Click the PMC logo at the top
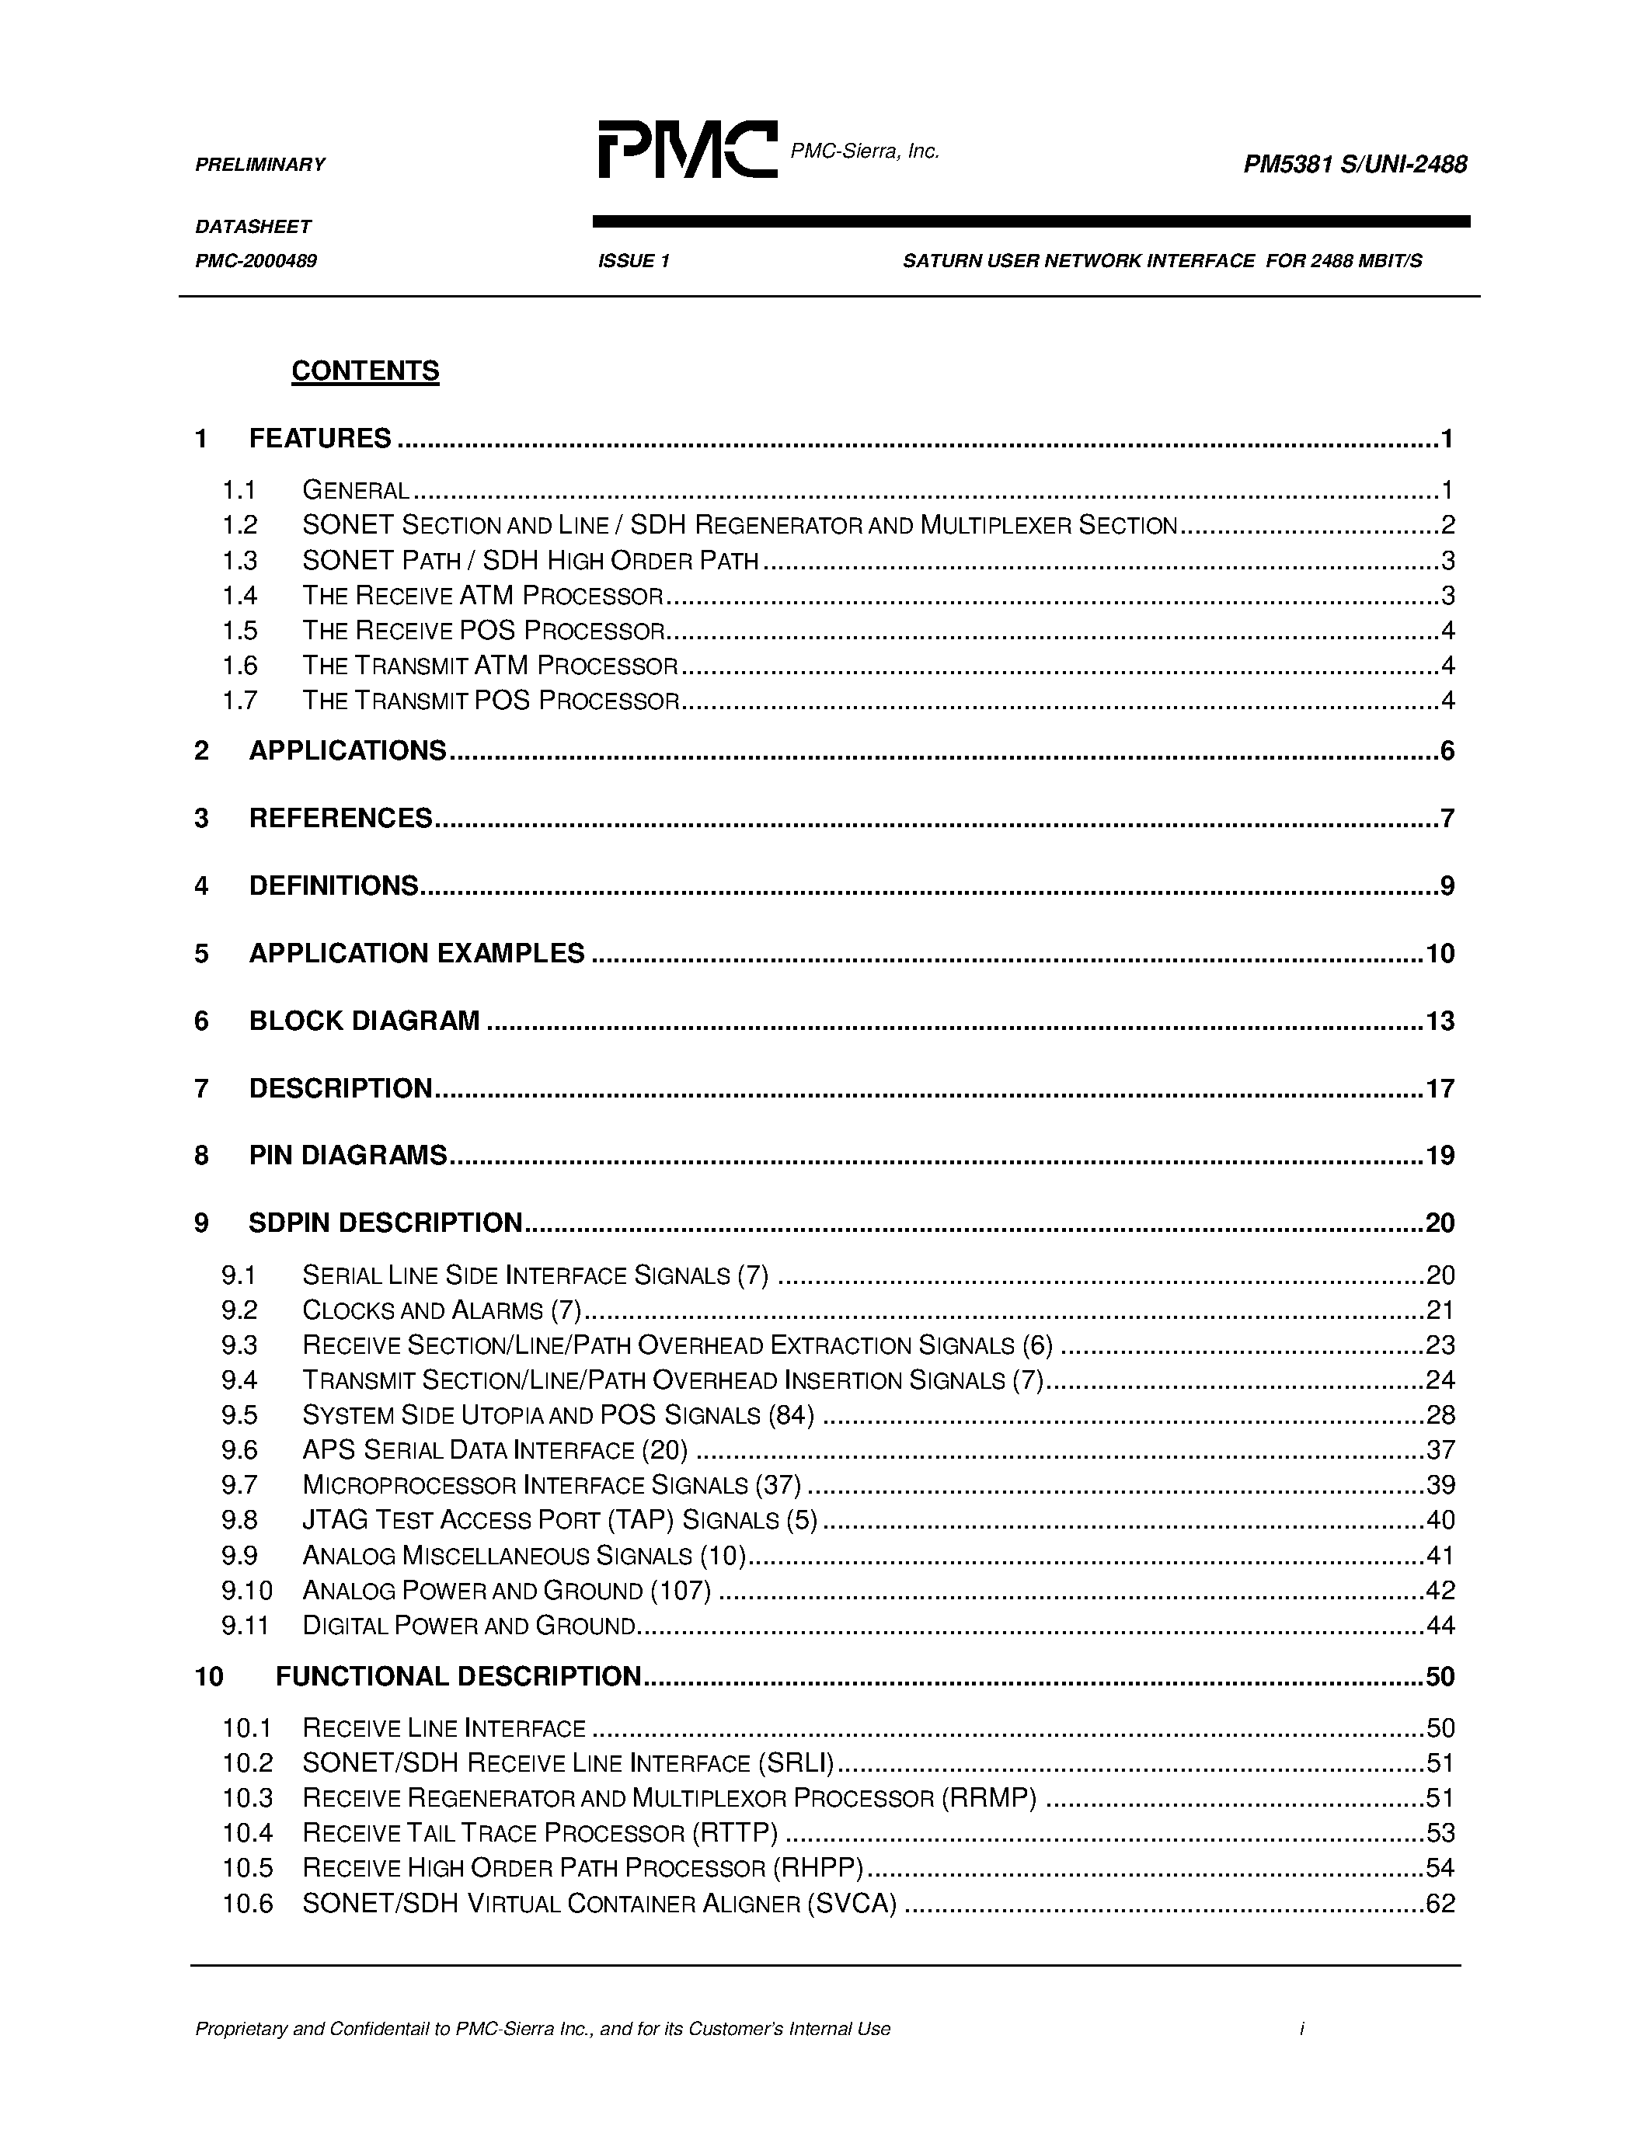[688, 150]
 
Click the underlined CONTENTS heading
[365, 370]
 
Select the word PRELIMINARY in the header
[260, 165]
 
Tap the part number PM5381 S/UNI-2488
[1355, 165]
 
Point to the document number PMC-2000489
[256, 261]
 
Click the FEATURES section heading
[320, 438]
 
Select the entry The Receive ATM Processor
[483, 596]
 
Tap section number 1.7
[239, 701]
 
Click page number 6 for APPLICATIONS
[1447, 751]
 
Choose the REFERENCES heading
[340, 819]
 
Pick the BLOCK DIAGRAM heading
[364, 1021]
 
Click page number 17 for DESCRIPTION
[1440, 1088]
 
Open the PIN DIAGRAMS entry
[347, 1156]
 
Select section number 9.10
[246, 1590]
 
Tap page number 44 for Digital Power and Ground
[1440, 1626]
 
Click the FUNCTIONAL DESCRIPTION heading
[458, 1676]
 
